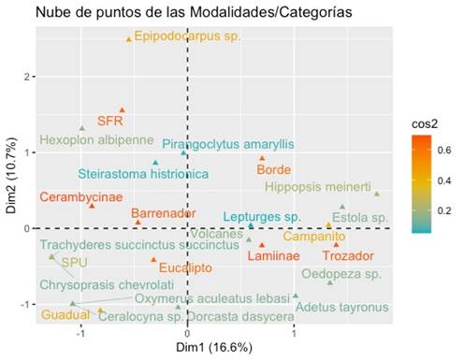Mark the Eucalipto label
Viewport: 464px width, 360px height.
pos(181,267)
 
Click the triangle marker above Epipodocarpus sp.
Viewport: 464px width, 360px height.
pos(129,39)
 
